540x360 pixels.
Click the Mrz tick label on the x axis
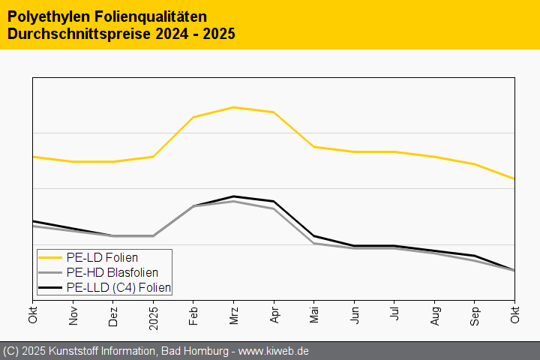click(234, 316)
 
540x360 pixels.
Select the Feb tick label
click(193, 316)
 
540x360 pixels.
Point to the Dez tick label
click(113, 316)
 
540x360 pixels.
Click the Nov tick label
click(73, 316)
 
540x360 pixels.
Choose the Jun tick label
click(354, 316)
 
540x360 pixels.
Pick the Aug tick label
click(434, 316)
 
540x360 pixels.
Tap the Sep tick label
click(475, 316)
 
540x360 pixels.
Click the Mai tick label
click(314, 316)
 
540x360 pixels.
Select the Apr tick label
click(274, 316)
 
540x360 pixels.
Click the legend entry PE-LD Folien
click(101, 257)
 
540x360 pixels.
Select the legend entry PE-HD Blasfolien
click(112, 272)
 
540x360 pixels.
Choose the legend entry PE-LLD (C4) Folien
click(118, 287)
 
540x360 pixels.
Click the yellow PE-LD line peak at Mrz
click(234, 107)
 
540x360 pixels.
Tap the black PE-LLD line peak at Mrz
click(234, 196)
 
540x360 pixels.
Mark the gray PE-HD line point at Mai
click(314, 243)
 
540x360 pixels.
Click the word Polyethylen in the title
click(40, 16)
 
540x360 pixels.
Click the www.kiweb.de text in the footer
click(274, 351)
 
